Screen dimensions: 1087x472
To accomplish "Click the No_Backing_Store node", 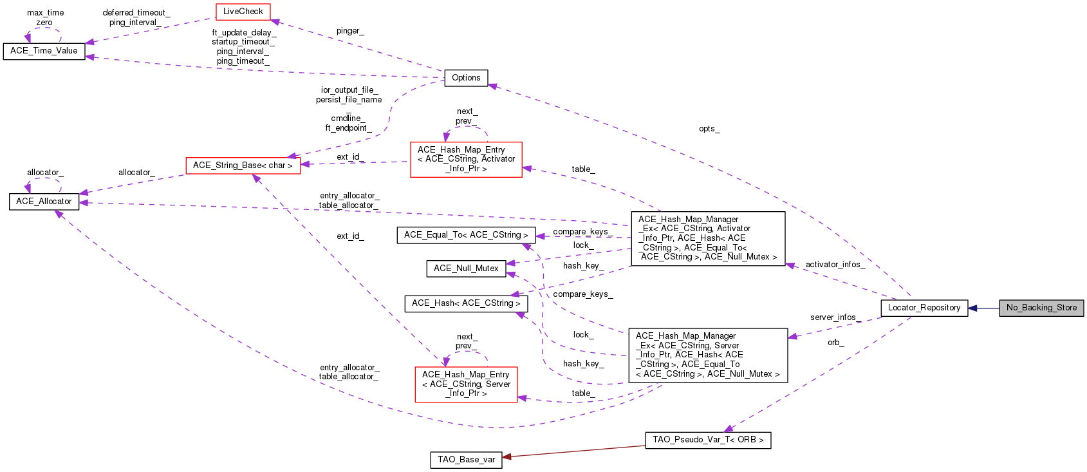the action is pos(1041,308).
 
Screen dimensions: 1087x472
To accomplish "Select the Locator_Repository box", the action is pos(924,308).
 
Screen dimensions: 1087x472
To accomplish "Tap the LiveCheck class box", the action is pos(243,12).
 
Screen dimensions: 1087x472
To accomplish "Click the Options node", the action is pos(466,78).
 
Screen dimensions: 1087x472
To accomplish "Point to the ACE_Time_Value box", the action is pos(44,51).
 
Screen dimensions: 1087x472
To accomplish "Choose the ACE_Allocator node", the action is pos(44,202).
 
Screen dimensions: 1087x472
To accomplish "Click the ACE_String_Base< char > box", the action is pos(243,165).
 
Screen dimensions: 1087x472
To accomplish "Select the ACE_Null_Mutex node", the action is pos(466,269).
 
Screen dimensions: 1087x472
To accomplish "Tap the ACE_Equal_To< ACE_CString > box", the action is pos(466,235).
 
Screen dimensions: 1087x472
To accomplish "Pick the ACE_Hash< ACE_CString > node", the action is pos(466,303).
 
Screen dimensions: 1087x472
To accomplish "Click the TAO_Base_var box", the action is pos(466,460).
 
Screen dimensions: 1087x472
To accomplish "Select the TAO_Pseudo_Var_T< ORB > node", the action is pos(708,440).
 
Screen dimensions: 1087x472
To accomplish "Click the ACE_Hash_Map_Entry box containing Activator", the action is pos(466,159).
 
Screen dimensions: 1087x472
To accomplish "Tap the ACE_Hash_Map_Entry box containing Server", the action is pos(466,384).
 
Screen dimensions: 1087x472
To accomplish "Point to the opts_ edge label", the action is pos(709,129).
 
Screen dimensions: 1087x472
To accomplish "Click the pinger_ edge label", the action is pos(350,31).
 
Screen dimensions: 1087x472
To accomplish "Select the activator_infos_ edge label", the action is pos(835,265).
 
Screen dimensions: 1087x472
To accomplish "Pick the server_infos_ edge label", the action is pos(835,317).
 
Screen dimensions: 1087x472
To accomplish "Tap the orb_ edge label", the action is pos(835,343).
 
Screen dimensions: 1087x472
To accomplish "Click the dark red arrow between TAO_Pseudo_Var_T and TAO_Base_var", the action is pos(573,451).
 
